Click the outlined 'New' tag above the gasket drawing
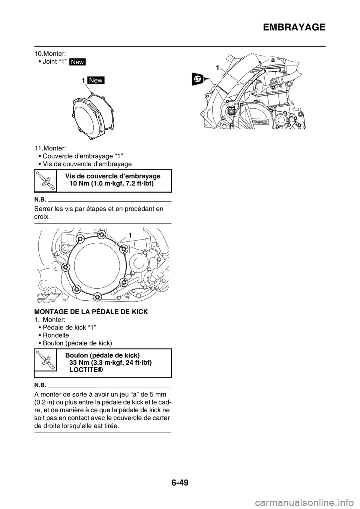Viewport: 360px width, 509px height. pyautogui.click(x=78, y=62)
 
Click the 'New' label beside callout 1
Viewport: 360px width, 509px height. pyautogui.click(x=95, y=81)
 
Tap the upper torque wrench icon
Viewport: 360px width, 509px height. pyautogui.click(x=45, y=180)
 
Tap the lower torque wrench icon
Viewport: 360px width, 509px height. pyautogui.click(x=45, y=360)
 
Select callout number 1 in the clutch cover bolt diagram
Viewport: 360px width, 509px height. pyautogui.click(x=129, y=235)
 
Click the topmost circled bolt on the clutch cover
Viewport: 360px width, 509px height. pyautogui.click(x=101, y=235)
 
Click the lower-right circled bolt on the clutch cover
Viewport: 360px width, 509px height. pyautogui.click(x=123, y=281)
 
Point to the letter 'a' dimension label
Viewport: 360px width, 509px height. pyautogui.click(x=273, y=60)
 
